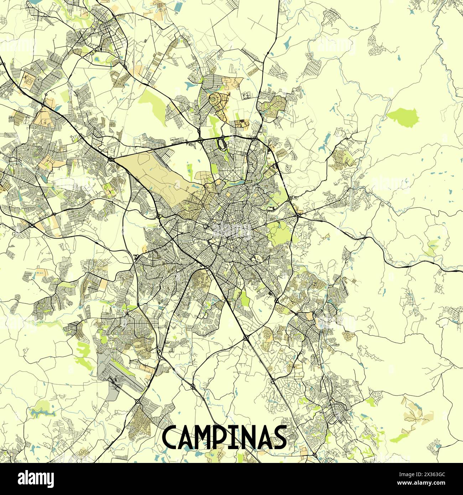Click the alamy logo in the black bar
click(36, 479)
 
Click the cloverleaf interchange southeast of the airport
click(138, 402)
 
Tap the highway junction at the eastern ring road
click(298, 215)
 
